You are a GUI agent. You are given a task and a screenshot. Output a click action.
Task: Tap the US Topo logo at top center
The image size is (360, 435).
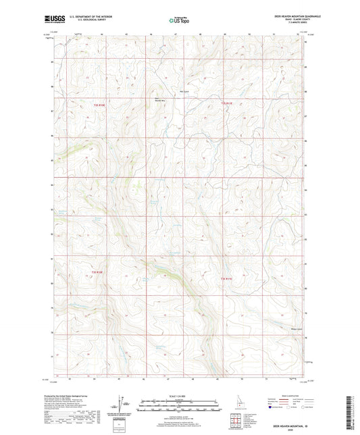178,20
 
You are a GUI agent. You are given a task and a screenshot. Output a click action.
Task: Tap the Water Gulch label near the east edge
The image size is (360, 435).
295,330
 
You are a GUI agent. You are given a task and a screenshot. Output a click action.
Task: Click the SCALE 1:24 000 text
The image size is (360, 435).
180,396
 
